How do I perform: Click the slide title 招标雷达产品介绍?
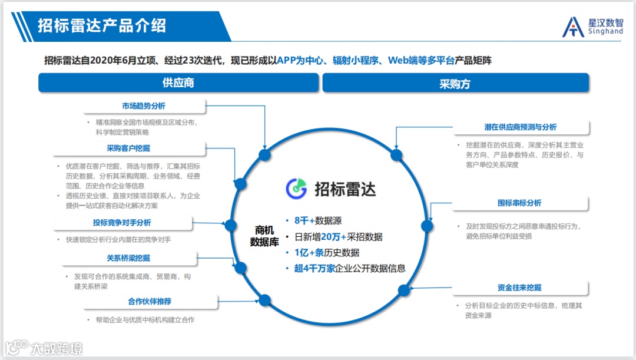[102, 26]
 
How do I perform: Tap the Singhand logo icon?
[573, 27]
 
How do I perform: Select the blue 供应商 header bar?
[178, 83]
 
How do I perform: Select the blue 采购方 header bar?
[455, 83]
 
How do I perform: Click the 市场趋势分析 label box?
[144, 106]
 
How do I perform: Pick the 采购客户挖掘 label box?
[128, 148]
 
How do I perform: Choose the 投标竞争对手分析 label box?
[122, 223]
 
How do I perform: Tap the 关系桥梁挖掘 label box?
[128, 258]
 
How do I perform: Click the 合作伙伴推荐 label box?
[150, 301]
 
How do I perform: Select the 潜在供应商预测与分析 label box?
[520, 127]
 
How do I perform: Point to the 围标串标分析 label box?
[519, 203]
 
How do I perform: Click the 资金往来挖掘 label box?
[519, 288]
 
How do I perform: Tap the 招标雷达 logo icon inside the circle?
[297, 188]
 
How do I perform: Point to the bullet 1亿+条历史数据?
[327, 253]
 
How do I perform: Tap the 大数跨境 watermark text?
[57, 348]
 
